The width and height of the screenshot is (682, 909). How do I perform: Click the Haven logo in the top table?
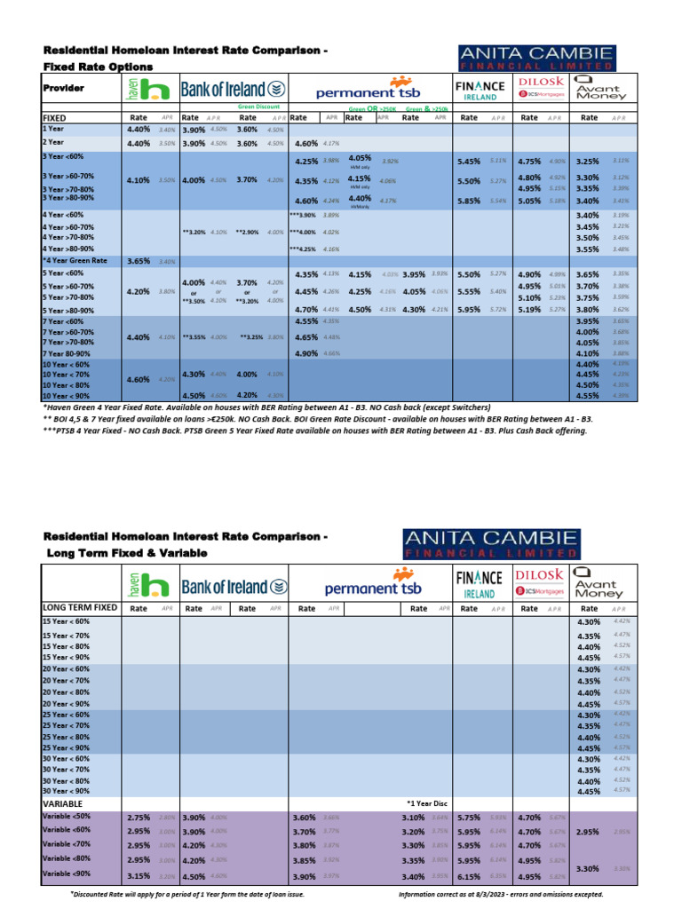pyautogui.click(x=146, y=88)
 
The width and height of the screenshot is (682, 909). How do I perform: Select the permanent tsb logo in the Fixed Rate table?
pyautogui.click(x=369, y=91)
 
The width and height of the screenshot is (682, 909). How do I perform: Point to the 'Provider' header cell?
pyautogui.click(x=63, y=88)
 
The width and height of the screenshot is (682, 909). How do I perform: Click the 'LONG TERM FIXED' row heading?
pyautogui.click(x=81, y=607)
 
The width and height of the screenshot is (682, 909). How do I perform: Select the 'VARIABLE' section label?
pyautogui.click(x=63, y=802)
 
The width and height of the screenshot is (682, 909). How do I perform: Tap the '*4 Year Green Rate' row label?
pyautogui.click(x=75, y=261)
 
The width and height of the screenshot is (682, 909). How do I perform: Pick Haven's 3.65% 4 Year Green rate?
pyautogui.click(x=139, y=261)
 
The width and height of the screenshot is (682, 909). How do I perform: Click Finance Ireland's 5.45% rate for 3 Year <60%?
pyautogui.click(x=468, y=162)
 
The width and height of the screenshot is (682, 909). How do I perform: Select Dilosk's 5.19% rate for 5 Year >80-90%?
pyautogui.click(x=529, y=310)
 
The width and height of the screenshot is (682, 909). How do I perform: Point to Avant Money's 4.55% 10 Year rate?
pyautogui.click(x=588, y=396)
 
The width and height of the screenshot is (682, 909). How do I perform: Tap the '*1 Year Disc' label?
pyautogui.click(x=425, y=802)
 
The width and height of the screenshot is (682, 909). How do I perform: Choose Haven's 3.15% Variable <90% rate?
pyautogui.click(x=139, y=875)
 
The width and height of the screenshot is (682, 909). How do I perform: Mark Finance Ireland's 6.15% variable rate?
pyautogui.click(x=468, y=875)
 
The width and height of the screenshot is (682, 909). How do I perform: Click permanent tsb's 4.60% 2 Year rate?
pyautogui.click(x=305, y=143)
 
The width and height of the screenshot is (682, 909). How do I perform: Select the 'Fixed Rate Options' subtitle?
pyautogui.click(x=98, y=67)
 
